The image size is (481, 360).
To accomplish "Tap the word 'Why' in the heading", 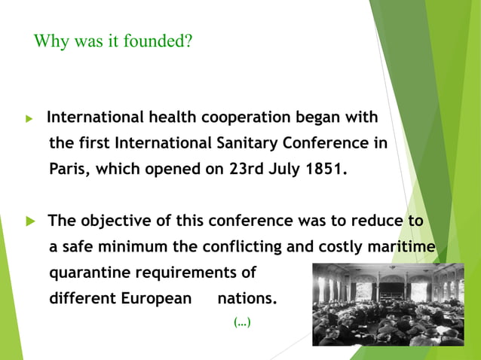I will tap(51, 41).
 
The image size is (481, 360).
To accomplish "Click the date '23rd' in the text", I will tap(245, 169).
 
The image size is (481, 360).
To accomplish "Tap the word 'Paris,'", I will tap(72, 169).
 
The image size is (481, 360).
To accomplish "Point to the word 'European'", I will tap(157, 297).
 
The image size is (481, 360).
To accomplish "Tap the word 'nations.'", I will tap(247, 297).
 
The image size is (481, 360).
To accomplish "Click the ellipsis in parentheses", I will tap(242, 323).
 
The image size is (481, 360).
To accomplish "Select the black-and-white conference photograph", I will tap(388, 304).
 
